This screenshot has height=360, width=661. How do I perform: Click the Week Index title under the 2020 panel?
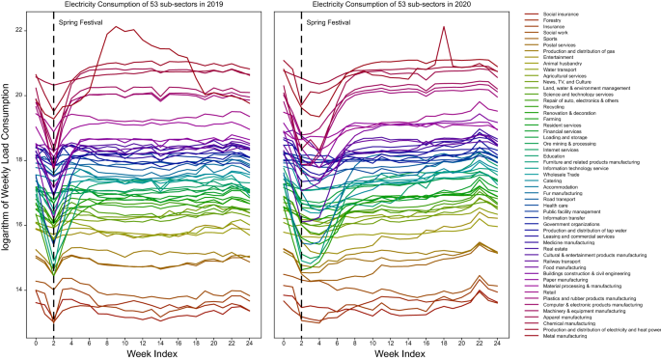click(x=398, y=353)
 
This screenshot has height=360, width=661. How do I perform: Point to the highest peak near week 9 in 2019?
click(x=117, y=27)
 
